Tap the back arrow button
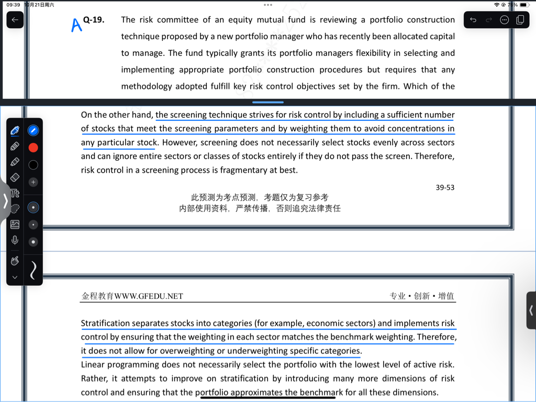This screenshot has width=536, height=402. click(x=15, y=20)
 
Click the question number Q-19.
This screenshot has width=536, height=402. click(x=94, y=20)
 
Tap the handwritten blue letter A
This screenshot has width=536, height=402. click(x=76, y=24)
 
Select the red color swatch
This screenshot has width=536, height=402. click(x=33, y=148)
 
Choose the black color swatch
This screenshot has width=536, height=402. click(x=33, y=165)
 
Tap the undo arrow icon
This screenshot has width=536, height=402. click(x=473, y=20)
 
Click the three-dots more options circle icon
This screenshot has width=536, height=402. click(x=505, y=20)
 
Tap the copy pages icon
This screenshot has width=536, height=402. click(x=520, y=20)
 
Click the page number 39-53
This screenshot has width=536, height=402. click(x=445, y=187)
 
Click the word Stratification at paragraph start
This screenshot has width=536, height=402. click(x=105, y=323)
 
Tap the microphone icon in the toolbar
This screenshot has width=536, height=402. click(x=15, y=240)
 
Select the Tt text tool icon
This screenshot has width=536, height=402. click(x=15, y=194)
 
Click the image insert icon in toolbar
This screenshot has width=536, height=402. click(x=15, y=225)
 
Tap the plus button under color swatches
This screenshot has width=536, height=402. click(x=33, y=182)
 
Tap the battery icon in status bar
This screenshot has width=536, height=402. click(x=523, y=5)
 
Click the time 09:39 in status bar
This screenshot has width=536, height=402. click(x=14, y=5)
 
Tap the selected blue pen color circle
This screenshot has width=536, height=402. click(x=33, y=130)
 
